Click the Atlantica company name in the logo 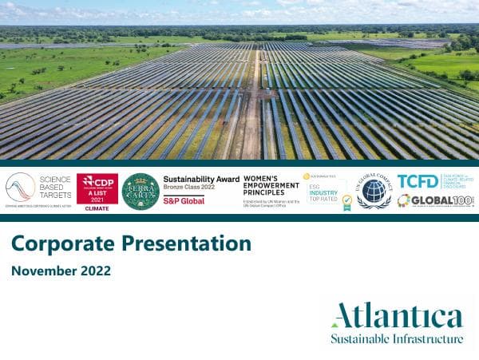click(x=397, y=315)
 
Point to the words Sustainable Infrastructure click(x=397, y=338)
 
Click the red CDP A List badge click(x=97, y=188)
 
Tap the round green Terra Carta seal click(x=141, y=192)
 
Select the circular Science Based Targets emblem click(x=20, y=188)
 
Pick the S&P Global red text click(x=184, y=200)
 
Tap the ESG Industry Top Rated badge click(x=325, y=192)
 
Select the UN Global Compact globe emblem click(x=374, y=192)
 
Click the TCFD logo click(x=418, y=181)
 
